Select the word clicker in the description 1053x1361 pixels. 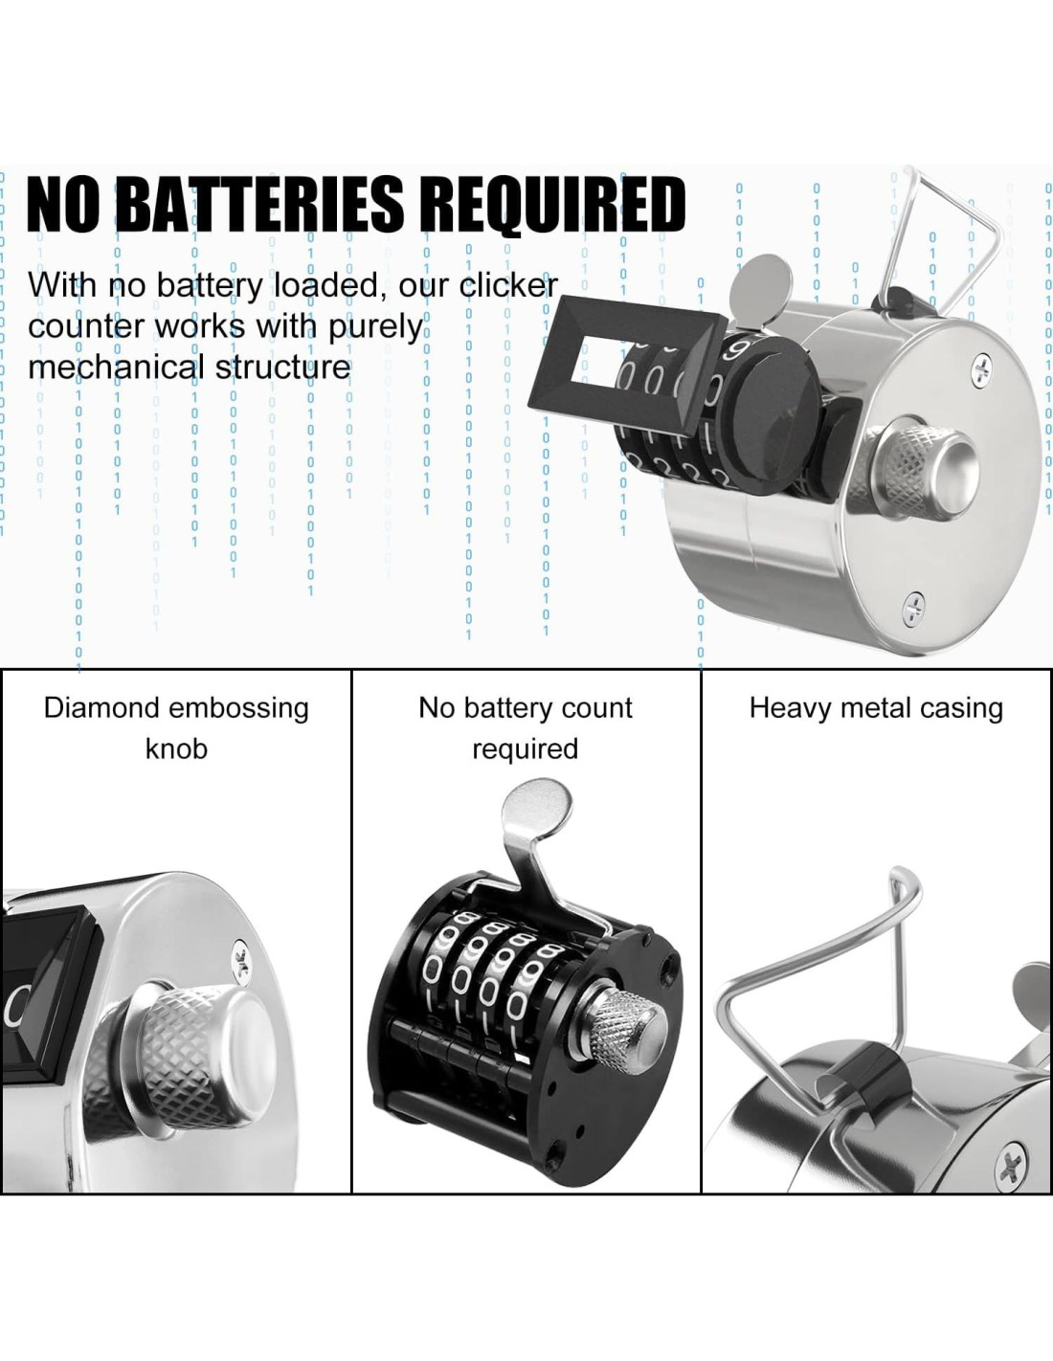[x=508, y=285]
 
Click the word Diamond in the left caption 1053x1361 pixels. [x=101, y=708]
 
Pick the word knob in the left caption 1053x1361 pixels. [x=176, y=748]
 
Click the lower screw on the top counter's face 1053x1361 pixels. [x=915, y=607]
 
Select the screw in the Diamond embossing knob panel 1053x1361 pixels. [x=241, y=960]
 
